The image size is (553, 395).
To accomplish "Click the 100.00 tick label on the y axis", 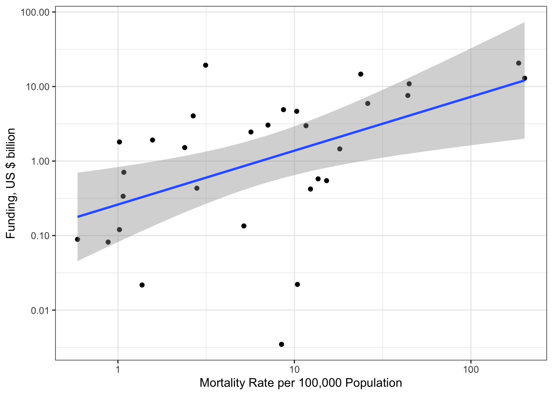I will (35, 12).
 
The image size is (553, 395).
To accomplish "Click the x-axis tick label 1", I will (118, 369).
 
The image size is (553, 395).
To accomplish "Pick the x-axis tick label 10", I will (294, 369).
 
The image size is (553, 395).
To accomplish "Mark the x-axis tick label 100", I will (471, 369).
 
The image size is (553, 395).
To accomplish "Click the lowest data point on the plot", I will (281, 344).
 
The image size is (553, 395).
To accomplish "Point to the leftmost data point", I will (77, 239).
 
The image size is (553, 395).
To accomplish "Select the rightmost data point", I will (525, 78).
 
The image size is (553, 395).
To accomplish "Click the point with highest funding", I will (518, 63).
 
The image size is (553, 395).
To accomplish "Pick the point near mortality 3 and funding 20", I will (206, 65).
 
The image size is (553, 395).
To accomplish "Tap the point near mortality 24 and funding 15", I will (361, 74).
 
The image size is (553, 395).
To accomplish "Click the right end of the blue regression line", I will (524, 80).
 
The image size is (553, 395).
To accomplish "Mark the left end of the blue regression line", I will (78, 216).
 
